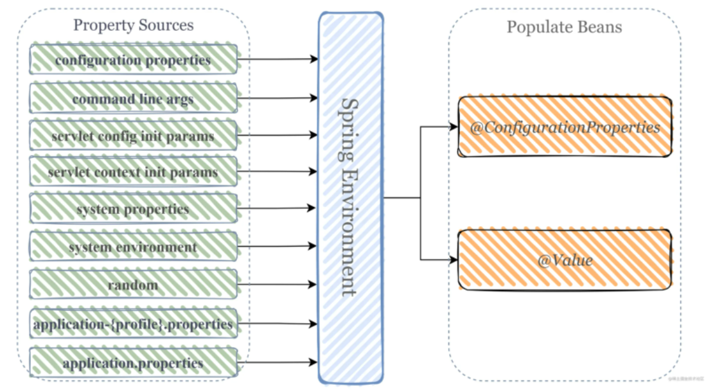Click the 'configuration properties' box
tap(133, 59)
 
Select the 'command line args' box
tap(133, 98)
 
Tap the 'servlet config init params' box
tap(133, 135)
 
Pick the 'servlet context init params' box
tap(133, 171)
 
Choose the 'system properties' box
tap(133, 208)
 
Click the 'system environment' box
tap(133, 246)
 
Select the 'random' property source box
tap(133, 284)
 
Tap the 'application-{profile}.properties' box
tap(133, 323)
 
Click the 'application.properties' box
tap(133, 362)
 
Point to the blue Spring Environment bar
tap(351, 198)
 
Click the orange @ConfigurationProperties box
tap(565, 127)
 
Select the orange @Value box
tap(565, 260)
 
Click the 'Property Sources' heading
tap(133, 25)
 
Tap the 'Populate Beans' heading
tap(564, 27)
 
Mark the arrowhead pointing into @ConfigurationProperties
tap(454, 127)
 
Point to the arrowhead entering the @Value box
tap(454, 260)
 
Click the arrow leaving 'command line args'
tap(278, 98)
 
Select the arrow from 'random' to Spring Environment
tap(277, 284)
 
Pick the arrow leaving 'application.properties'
tap(278, 362)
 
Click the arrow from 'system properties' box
tap(276, 208)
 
